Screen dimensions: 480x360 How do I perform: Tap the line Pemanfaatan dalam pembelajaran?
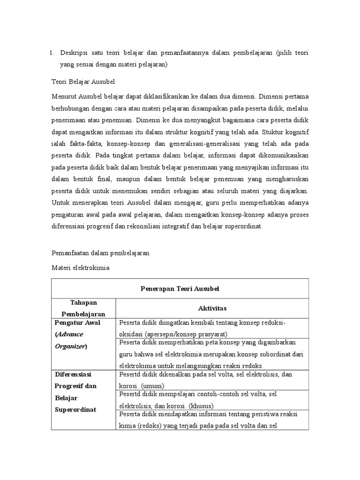click(x=100, y=253)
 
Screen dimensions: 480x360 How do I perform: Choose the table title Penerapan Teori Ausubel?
click(x=180, y=289)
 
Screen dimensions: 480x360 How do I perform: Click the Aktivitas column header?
click(x=212, y=308)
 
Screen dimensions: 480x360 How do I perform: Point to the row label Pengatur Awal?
click(x=77, y=323)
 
